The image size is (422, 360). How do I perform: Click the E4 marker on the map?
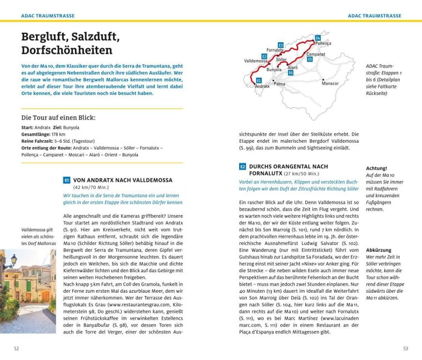click(x=317, y=37)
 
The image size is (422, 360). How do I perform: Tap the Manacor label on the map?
click(x=330, y=83)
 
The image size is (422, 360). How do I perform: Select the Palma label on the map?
click(x=279, y=84)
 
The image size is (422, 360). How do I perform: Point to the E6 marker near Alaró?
click(x=291, y=72)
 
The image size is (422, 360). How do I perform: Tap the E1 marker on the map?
click(x=259, y=81)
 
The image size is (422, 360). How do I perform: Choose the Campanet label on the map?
click(x=316, y=54)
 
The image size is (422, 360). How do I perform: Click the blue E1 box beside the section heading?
click(x=66, y=180)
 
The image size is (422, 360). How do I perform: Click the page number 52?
click(x=17, y=348)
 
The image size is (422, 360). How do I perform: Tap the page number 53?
click(x=405, y=348)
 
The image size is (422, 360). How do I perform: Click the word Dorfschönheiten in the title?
click(x=67, y=51)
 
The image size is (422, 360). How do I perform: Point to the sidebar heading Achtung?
click(x=376, y=168)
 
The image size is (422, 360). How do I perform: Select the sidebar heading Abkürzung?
click(x=379, y=251)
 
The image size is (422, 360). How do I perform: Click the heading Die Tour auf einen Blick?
click(x=58, y=118)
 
